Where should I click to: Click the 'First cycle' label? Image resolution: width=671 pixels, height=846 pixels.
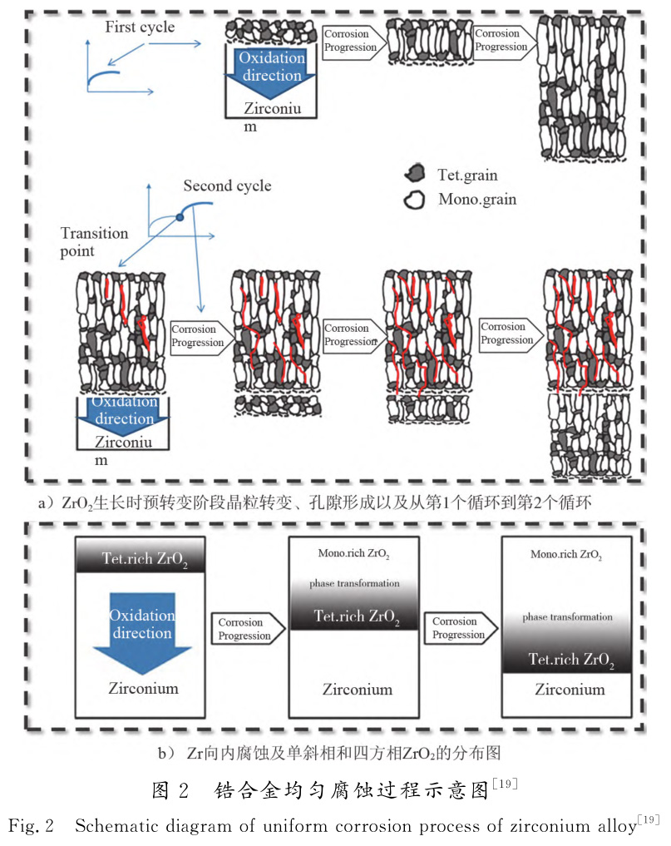click(x=140, y=27)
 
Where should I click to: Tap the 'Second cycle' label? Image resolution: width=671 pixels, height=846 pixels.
click(x=227, y=186)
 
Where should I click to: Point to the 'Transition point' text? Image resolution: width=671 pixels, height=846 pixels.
click(x=94, y=242)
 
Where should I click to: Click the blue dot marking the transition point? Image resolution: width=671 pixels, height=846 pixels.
click(x=180, y=218)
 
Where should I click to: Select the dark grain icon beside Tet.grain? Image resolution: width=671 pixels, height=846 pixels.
click(x=413, y=175)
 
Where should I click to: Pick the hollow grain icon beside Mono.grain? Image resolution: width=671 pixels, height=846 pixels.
click(x=412, y=200)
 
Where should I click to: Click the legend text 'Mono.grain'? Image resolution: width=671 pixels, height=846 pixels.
click(x=477, y=200)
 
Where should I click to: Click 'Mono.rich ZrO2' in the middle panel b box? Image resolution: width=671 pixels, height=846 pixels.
click(x=354, y=554)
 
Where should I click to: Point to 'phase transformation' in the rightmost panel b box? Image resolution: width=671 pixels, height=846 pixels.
click(x=567, y=617)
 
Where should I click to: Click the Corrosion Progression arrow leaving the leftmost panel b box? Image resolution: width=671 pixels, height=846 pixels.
click(x=246, y=629)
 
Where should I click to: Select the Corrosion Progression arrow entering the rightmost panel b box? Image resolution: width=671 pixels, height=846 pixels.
click(x=461, y=628)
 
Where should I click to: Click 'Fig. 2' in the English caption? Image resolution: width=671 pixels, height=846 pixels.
click(x=32, y=827)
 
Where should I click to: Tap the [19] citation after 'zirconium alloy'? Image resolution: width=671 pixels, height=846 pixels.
click(x=648, y=821)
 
